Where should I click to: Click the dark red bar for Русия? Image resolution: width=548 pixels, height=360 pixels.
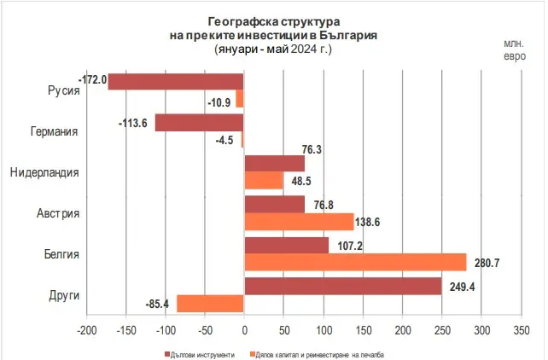(x=176, y=81)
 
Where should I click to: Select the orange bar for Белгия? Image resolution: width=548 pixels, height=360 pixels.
(x=355, y=262)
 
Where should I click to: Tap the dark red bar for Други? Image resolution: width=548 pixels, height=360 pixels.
(x=343, y=286)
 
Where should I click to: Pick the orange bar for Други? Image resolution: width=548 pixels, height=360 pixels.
(x=210, y=303)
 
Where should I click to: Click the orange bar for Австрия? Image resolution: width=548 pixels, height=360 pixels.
(x=299, y=222)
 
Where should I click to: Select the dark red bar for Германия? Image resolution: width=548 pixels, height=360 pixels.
(x=199, y=122)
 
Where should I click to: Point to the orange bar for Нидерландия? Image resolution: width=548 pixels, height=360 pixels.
(x=264, y=181)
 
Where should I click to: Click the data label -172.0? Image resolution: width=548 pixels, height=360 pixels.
(x=92, y=80)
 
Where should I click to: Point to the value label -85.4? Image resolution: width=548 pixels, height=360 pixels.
(x=160, y=303)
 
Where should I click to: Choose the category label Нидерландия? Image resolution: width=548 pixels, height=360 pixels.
(x=44, y=172)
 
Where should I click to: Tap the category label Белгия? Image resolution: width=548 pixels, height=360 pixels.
(x=61, y=254)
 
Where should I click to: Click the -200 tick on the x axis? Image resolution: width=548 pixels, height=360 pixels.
(x=85, y=328)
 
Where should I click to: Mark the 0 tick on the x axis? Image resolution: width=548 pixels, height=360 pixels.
(x=244, y=328)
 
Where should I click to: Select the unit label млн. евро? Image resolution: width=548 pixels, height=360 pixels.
(x=515, y=50)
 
